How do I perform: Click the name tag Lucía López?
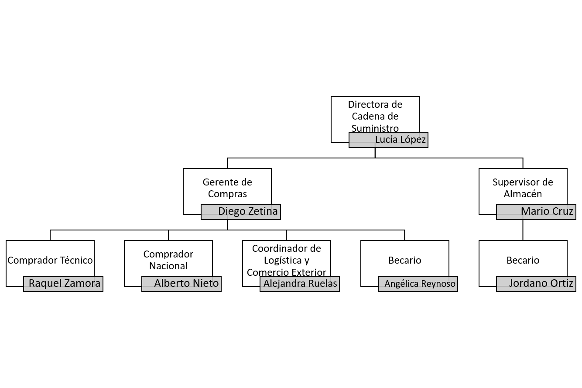click(x=388, y=140)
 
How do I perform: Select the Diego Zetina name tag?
click(x=240, y=212)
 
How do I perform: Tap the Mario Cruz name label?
click(x=536, y=212)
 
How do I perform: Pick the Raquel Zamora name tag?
click(x=63, y=284)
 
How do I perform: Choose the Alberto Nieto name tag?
click(x=181, y=284)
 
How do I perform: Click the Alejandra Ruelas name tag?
click(x=300, y=284)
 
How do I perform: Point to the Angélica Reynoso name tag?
click(x=418, y=284)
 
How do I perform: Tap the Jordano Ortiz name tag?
click(x=536, y=284)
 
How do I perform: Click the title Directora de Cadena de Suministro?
click(x=375, y=116)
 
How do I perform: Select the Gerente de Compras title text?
click(x=227, y=188)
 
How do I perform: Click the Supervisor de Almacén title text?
click(x=523, y=188)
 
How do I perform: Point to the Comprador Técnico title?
click(x=50, y=260)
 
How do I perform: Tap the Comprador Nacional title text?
click(x=168, y=260)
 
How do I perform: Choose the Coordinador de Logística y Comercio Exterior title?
click(x=287, y=260)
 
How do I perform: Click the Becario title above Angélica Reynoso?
click(x=405, y=260)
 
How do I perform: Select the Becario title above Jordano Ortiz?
click(x=523, y=260)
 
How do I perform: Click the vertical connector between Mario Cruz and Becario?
click(x=523, y=230)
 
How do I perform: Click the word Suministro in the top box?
click(x=375, y=128)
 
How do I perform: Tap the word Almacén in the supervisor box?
click(x=523, y=194)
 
